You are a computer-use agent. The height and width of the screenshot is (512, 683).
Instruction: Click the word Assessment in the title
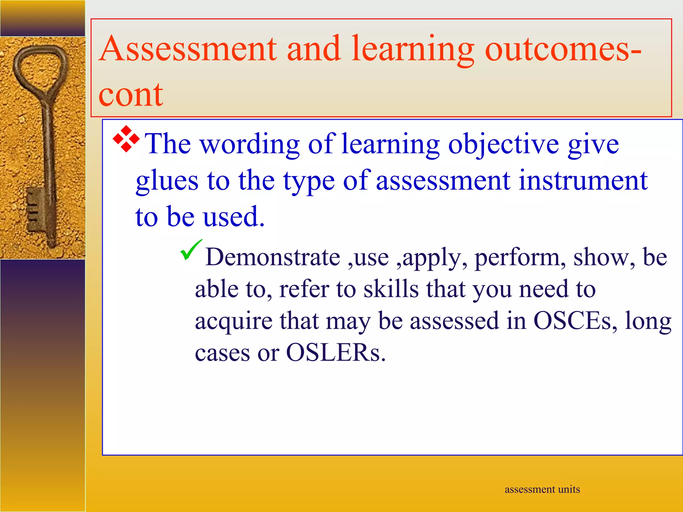pyautogui.click(x=188, y=49)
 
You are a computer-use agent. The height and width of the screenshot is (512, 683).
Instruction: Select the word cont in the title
pyautogui.click(x=131, y=95)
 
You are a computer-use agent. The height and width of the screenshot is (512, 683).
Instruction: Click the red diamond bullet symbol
pyautogui.click(x=126, y=139)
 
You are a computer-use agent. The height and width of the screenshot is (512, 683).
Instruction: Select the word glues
pyautogui.click(x=167, y=180)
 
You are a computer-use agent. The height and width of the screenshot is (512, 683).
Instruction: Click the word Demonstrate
pyautogui.click(x=272, y=257)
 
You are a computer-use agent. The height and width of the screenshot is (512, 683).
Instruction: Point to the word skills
pyautogui.click(x=391, y=289)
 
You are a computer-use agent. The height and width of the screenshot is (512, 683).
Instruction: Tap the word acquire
pyautogui.click(x=233, y=321)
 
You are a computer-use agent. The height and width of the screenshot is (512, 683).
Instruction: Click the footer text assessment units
pyautogui.click(x=542, y=489)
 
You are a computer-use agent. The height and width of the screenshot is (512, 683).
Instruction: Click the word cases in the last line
pyautogui.click(x=222, y=353)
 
